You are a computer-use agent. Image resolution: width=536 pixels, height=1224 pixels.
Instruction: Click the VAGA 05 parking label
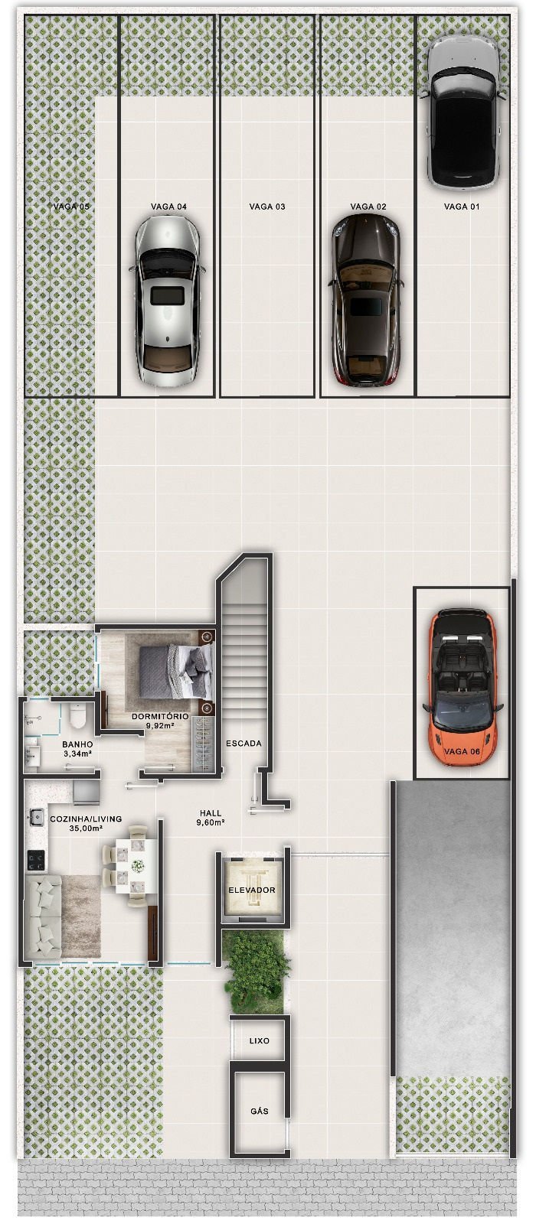point(71,207)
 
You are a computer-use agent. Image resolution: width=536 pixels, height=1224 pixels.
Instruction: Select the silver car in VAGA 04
point(168,299)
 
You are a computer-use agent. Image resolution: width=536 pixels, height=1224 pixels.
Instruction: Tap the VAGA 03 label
point(267,207)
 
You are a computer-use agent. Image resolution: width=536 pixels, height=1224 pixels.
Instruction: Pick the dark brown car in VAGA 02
point(365,299)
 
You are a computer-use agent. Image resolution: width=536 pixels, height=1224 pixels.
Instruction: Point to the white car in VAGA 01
point(462,112)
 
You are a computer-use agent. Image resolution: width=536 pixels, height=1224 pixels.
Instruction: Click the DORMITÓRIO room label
point(159,717)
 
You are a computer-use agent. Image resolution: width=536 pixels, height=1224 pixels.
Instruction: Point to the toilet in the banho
point(77,717)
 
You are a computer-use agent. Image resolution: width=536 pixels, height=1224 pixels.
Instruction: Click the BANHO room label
point(77,744)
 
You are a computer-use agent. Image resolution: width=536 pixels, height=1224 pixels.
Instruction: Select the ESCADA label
point(243,743)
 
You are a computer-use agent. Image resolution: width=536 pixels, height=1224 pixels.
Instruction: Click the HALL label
point(210,813)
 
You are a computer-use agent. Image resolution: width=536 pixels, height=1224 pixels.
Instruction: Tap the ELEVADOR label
point(251,890)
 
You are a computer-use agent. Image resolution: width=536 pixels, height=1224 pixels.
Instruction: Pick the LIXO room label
point(259,1041)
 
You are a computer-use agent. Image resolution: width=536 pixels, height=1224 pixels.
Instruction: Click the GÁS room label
point(259,1111)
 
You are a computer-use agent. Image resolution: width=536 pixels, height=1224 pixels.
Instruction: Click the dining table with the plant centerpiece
point(137,866)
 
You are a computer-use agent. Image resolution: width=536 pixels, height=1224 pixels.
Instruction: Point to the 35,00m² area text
point(85,828)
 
